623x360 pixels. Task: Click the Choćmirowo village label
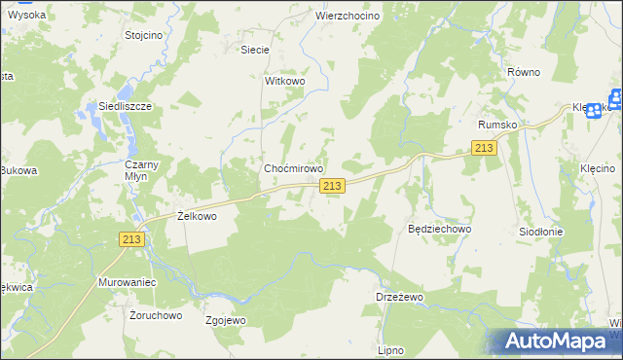pyautogui.click(x=293, y=168)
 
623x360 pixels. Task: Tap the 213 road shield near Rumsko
pyautogui.click(x=484, y=147)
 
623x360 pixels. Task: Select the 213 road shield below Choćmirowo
pyautogui.click(x=332, y=186)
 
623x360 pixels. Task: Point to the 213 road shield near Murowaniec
pyautogui.click(x=132, y=239)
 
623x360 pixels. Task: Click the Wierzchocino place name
pyautogui.click(x=348, y=17)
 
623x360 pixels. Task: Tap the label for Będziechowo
pyautogui.click(x=439, y=229)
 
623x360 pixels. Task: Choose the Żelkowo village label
pyautogui.click(x=197, y=216)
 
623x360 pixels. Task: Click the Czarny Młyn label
pyautogui.click(x=134, y=171)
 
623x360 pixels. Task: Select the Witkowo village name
pyautogui.click(x=285, y=82)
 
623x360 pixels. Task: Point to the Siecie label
pyautogui.click(x=255, y=48)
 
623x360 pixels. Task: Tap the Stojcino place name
pyautogui.click(x=144, y=35)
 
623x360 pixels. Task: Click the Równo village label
pyautogui.click(x=524, y=72)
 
